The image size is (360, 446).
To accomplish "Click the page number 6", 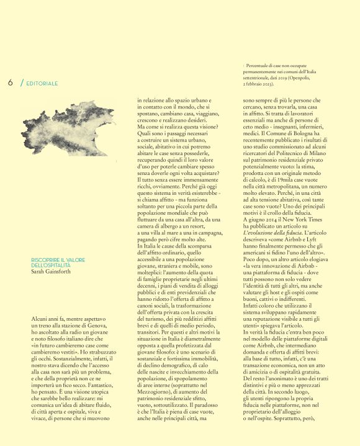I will coord(11,83).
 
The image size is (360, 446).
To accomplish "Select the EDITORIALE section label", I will coord(42,83).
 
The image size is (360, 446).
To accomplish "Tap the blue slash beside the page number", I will coord(22,83).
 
